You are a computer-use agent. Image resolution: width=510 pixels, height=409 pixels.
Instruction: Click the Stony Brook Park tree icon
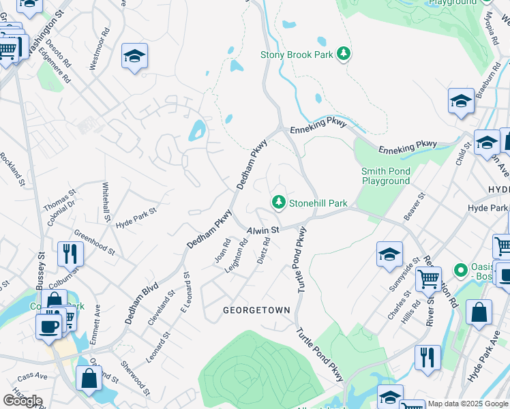[344, 54]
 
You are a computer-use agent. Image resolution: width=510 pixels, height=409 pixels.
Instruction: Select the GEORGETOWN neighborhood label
[257, 310]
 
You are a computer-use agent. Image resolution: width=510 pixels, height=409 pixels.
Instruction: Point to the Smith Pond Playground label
[386, 176]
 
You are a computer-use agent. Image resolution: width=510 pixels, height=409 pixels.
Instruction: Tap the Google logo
[22, 401]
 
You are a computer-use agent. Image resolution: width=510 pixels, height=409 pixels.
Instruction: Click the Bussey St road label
[40, 269]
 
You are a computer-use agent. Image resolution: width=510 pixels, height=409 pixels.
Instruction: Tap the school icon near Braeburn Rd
[461, 102]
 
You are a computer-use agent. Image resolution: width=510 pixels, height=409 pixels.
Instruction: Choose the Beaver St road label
[414, 206]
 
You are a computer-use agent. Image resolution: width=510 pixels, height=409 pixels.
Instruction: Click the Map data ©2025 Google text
[468, 404]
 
